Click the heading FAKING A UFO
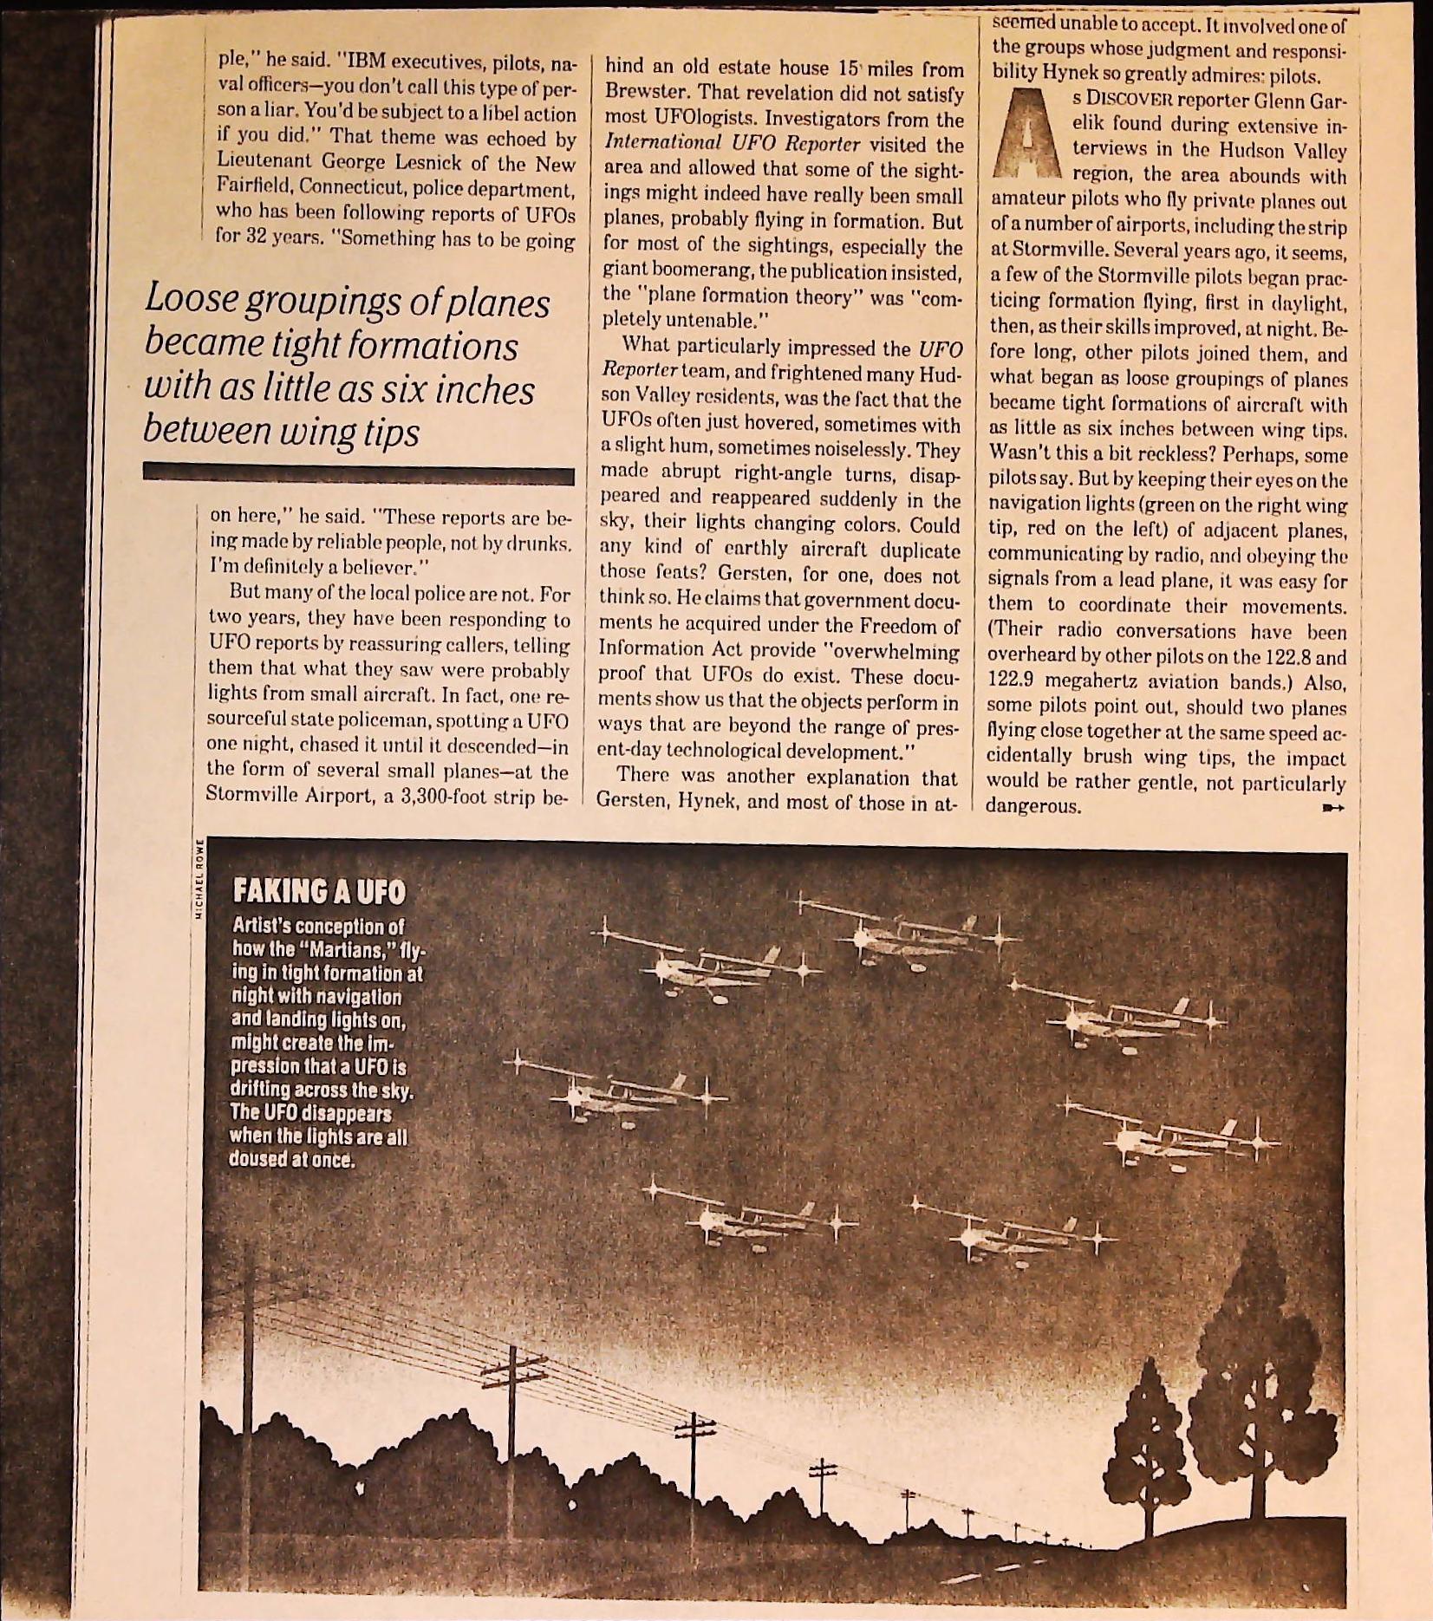point(318,891)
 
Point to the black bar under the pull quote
point(358,475)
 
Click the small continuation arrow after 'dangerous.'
point(1332,808)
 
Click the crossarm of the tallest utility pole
point(513,1371)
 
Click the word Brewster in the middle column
point(642,93)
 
